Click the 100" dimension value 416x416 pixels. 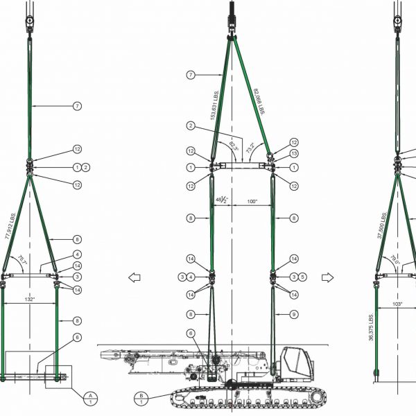coord(252,202)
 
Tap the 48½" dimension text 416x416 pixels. coord(221,200)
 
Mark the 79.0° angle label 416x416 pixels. coord(395,262)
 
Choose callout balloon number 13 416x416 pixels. coord(294,154)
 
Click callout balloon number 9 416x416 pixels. coord(294,314)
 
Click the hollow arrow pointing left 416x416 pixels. coord(135,277)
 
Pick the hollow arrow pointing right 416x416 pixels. coord(329,277)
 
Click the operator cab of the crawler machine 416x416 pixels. coord(298,363)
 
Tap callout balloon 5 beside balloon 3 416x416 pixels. coord(302,277)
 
